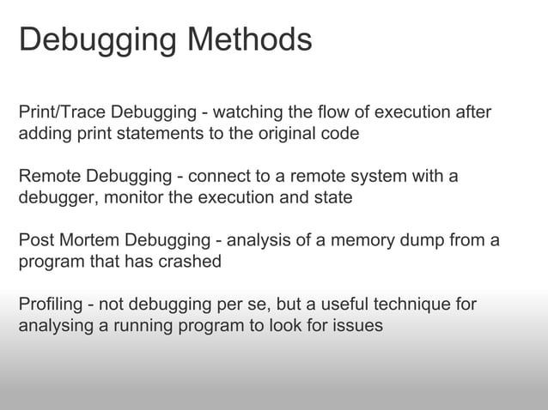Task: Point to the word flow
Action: (333, 112)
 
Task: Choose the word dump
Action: (405, 241)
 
